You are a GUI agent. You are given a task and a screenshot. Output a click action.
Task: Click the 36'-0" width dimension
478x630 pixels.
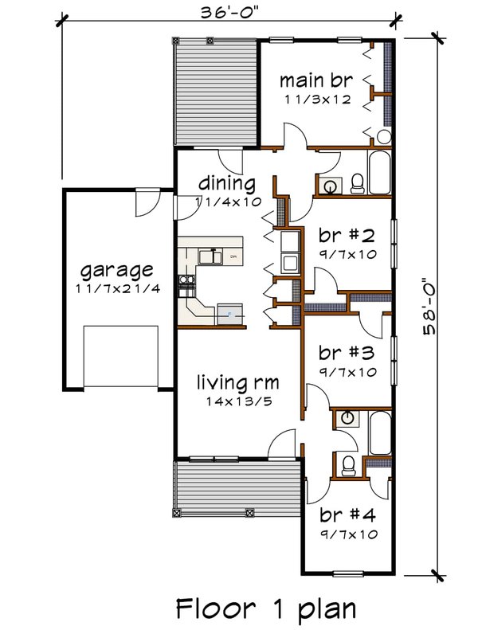(229, 13)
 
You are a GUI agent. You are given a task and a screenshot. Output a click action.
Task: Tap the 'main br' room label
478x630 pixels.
(316, 80)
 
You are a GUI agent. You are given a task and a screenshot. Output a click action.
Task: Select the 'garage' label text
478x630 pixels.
(116, 272)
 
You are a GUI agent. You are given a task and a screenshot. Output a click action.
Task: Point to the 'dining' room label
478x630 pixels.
(227, 184)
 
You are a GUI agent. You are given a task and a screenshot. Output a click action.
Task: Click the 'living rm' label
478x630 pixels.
(238, 382)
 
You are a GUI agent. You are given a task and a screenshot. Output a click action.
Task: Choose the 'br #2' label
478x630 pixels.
(347, 236)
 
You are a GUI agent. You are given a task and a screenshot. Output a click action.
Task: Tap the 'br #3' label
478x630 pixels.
(347, 353)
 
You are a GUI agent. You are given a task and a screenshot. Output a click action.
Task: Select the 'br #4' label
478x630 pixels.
(348, 515)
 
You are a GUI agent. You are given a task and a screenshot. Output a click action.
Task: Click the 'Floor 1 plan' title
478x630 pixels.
(266, 608)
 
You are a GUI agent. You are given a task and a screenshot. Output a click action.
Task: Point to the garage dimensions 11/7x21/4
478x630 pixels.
(118, 288)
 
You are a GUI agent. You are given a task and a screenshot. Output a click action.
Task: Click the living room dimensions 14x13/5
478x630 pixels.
(239, 401)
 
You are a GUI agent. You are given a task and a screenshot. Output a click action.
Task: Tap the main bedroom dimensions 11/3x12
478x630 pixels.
(318, 100)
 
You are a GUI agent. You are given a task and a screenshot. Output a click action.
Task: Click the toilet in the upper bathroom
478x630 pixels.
(357, 184)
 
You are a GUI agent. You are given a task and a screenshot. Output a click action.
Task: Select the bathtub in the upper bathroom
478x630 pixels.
(379, 172)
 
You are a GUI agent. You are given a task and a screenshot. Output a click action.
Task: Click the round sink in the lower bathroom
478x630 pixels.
(346, 418)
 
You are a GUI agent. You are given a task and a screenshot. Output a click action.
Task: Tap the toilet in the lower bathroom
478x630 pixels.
(347, 465)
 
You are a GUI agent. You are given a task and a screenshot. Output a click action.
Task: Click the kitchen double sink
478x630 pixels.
(210, 256)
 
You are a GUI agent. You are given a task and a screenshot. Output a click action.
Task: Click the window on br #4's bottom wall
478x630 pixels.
(348, 573)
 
